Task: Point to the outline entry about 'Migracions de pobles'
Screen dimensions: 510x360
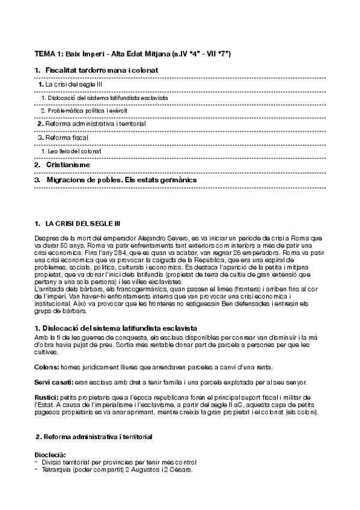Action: (121, 179)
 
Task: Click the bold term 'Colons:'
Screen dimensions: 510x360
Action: (47, 366)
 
